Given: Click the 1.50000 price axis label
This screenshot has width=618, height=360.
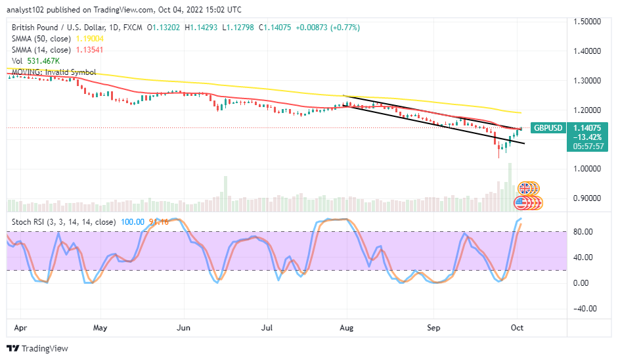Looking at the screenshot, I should point(589,22).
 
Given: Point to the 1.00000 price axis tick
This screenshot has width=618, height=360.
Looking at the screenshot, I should point(589,168).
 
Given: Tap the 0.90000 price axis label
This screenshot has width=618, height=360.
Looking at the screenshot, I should point(589,198).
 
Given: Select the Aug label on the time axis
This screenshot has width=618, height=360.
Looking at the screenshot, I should point(346,326).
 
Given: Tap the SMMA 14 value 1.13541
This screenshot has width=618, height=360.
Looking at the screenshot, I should point(87,49).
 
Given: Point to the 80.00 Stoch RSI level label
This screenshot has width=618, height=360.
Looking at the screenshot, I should point(586,232).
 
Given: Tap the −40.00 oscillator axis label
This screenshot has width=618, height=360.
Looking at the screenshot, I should point(586,309).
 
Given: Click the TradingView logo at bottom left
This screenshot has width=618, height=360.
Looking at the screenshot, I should point(37,348).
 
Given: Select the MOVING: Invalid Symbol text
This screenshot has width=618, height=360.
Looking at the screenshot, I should point(52,72).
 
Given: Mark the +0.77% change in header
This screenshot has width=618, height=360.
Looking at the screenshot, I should point(345,28).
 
